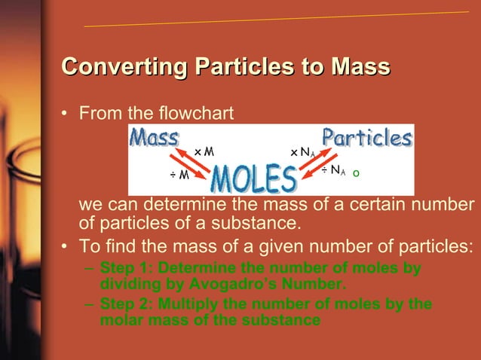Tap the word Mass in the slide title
359,67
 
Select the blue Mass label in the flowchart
155,138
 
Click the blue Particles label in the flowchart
367,138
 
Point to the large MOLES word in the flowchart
253,179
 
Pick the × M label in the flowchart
204,152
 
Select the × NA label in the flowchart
303,152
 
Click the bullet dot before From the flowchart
66,115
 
